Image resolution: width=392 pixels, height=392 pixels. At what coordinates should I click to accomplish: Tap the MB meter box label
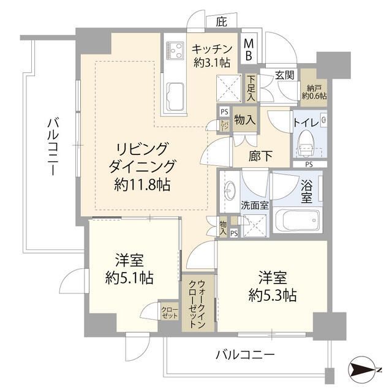point(250,48)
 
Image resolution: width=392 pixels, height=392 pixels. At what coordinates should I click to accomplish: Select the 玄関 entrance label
point(284,75)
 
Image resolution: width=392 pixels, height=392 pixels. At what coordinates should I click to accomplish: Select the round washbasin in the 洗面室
point(230,191)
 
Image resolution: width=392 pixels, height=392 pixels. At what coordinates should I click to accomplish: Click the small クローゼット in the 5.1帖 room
point(169,311)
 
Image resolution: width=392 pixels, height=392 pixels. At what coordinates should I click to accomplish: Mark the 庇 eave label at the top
point(221,22)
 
